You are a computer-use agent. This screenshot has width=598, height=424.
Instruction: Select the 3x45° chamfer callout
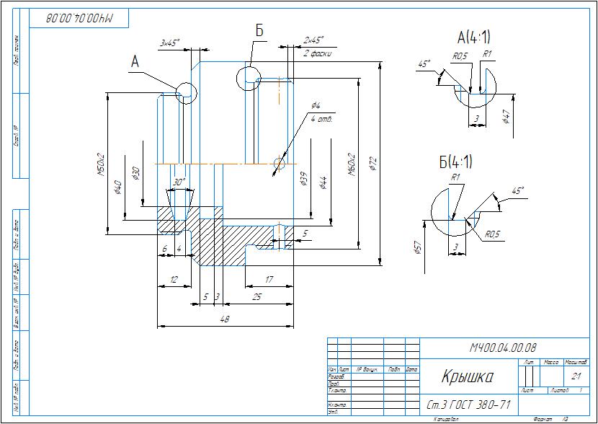tap(169, 43)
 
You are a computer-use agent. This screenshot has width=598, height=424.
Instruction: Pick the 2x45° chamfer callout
tap(313, 40)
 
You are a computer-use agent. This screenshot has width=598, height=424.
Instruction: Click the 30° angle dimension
tap(180, 182)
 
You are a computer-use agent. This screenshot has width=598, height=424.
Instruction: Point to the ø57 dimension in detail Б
tap(418, 249)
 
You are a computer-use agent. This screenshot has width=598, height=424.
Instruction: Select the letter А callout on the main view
tap(135, 63)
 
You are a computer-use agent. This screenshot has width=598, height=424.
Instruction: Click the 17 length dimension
tap(268, 279)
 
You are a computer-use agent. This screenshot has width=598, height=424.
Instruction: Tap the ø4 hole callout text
tap(315, 106)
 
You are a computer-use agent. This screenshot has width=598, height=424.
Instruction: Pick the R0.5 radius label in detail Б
tap(492, 234)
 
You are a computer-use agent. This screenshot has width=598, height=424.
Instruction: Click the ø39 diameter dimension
tap(304, 180)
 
